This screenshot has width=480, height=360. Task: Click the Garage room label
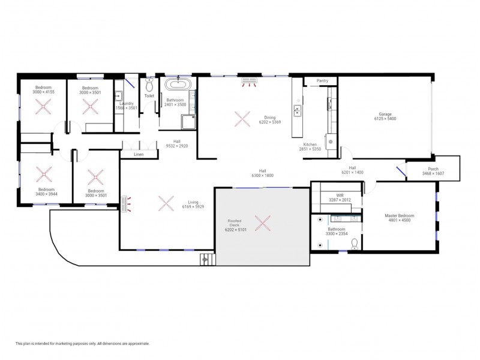(x=385, y=114)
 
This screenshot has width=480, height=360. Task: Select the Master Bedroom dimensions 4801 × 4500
(x=398, y=220)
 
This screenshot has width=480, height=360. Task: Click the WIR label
(x=340, y=195)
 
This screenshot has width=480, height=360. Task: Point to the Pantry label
(x=322, y=80)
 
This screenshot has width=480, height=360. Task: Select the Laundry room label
(x=127, y=103)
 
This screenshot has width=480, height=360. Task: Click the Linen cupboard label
(x=139, y=154)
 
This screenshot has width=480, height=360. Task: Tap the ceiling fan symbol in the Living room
(x=166, y=203)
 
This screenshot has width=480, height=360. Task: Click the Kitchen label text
(x=310, y=145)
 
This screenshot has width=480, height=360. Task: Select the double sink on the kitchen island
(x=297, y=110)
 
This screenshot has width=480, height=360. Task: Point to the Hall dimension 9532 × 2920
(x=177, y=145)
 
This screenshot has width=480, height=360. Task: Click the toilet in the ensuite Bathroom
(x=355, y=243)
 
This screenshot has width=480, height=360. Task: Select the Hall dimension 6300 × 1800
(x=262, y=175)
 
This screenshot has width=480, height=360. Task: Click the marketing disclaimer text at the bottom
(x=82, y=343)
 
